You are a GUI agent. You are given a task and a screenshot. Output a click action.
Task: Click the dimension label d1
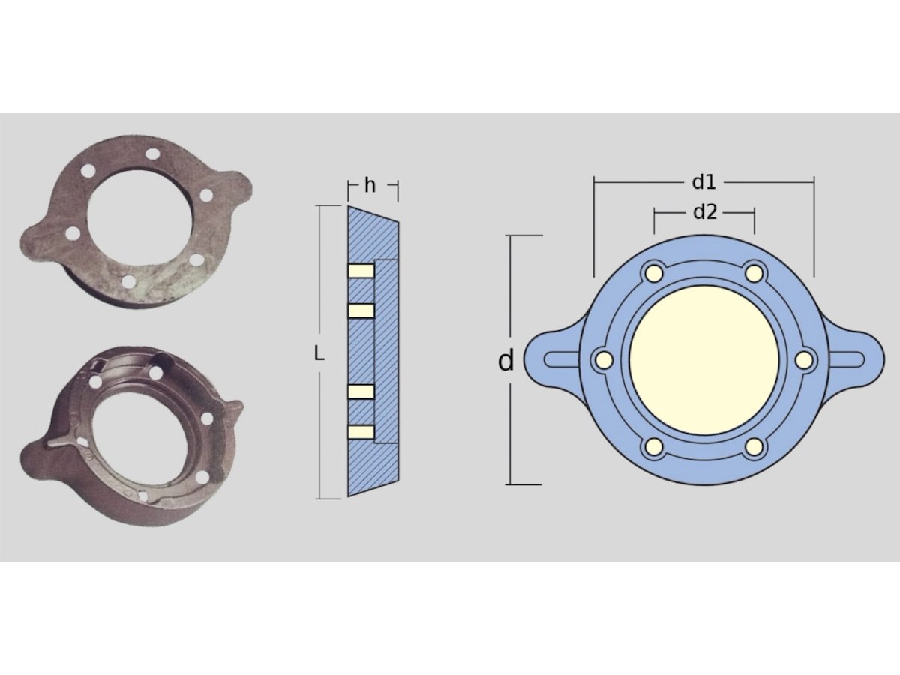703,182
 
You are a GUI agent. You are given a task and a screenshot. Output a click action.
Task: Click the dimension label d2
705,212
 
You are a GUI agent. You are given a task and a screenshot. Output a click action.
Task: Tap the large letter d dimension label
505,361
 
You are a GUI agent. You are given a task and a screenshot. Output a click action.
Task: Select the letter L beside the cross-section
319,353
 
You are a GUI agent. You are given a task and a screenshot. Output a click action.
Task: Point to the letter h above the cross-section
370,185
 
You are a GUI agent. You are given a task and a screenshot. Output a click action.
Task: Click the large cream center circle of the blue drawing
703,360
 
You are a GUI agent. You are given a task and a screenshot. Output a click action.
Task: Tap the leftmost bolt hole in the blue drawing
604,360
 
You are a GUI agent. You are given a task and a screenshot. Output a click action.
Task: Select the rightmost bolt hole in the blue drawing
804,360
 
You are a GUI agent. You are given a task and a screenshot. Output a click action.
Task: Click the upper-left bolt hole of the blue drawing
653,273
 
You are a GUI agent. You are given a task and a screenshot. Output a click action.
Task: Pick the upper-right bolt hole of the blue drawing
754,273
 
